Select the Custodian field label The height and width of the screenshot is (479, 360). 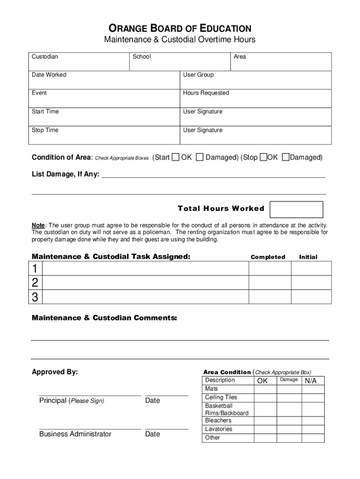click(x=45, y=57)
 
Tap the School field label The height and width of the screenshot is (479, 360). click(x=142, y=57)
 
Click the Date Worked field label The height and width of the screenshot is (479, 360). click(x=49, y=75)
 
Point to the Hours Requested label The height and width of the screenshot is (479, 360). click(x=206, y=93)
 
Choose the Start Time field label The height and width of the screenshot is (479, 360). click(x=45, y=112)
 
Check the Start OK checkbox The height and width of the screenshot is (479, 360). click(x=175, y=157)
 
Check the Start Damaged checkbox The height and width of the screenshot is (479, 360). click(x=200, y=157)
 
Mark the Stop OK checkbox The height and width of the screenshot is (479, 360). click(x=263, y=157)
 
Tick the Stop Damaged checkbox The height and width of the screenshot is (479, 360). click(x=286, y=157)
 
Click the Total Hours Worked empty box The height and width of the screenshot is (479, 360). click(x=296, y=210)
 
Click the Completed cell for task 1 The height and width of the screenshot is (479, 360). click(x=270, y=269)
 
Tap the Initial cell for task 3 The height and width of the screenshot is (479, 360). click(x=311, y=297)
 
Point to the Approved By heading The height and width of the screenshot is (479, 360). click(x=55, y=372)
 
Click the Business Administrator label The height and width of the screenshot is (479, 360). click(x=75, y=434)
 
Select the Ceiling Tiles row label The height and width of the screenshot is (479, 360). click(x=221, y=397)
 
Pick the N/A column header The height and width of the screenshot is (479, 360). click(x=311, y=381)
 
